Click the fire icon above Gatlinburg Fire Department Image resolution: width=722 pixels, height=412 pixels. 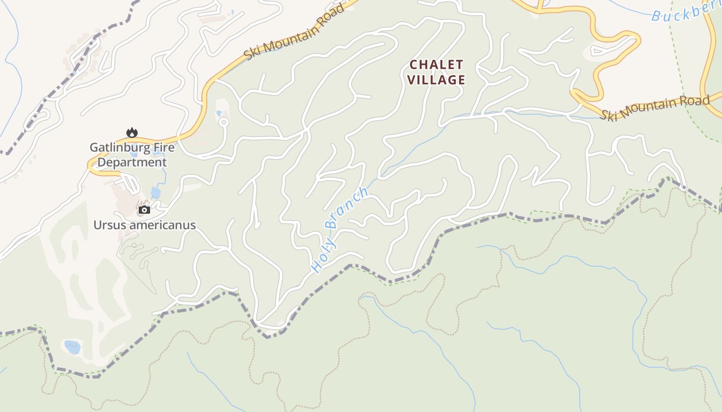(x=132, y=133)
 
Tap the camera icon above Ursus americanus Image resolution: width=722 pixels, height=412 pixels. (x=144, y=210)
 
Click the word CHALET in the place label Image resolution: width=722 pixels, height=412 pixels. (x=436, y=65)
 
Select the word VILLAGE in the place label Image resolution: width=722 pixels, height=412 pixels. (x=436, y=80)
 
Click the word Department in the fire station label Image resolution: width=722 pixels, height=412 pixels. (x=132, y=163)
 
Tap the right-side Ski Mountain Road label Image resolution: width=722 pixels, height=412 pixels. (x=654, y=108)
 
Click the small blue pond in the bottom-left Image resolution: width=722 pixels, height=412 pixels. (x=72, y=347)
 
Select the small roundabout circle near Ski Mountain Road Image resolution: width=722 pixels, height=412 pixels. (x=224, y=122)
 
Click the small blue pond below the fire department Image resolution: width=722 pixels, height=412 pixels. (x=155, y=193)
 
